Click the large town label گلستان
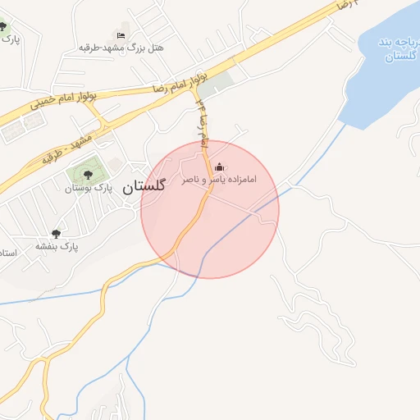pyautogui.click(x=144, y=186)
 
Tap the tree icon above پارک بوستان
pyautogui.click(x=88, y=173)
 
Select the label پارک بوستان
pyautogui.click(x=88, y=188)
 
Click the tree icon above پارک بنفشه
pyautogui.click(x=56, y=234)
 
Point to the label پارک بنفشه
pyautogui.click(x=56, y=246)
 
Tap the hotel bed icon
pyautogui.click(x=121, y=35)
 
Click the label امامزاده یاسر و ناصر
pyautogui.click(x=219, y=179)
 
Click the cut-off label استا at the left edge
pyautogui.click(x=7, y=252)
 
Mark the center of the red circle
pyautogui.click(x=210, y=209)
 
